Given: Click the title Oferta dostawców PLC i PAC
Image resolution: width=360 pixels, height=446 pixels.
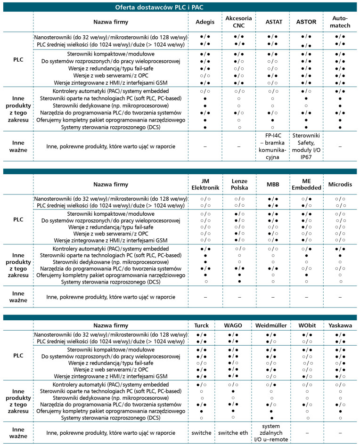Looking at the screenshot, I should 179,7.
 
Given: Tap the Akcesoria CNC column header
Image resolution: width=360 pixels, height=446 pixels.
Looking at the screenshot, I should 239,22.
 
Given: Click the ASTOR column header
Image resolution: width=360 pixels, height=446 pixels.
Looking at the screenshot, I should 306,22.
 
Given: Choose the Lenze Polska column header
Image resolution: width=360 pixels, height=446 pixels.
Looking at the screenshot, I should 239,185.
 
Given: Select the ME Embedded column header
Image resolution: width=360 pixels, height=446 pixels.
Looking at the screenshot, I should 306,185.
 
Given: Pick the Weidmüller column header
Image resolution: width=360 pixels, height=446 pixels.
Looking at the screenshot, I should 272,325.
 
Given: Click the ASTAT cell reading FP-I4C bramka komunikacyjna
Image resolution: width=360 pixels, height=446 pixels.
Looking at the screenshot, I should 272,146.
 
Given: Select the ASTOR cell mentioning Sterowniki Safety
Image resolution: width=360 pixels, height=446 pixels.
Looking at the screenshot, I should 306,146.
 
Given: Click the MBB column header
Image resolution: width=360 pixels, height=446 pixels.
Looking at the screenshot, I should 272,185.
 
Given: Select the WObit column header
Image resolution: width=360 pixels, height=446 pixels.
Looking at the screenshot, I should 306,325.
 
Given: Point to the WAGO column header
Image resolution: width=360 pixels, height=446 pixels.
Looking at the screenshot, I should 239,325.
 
